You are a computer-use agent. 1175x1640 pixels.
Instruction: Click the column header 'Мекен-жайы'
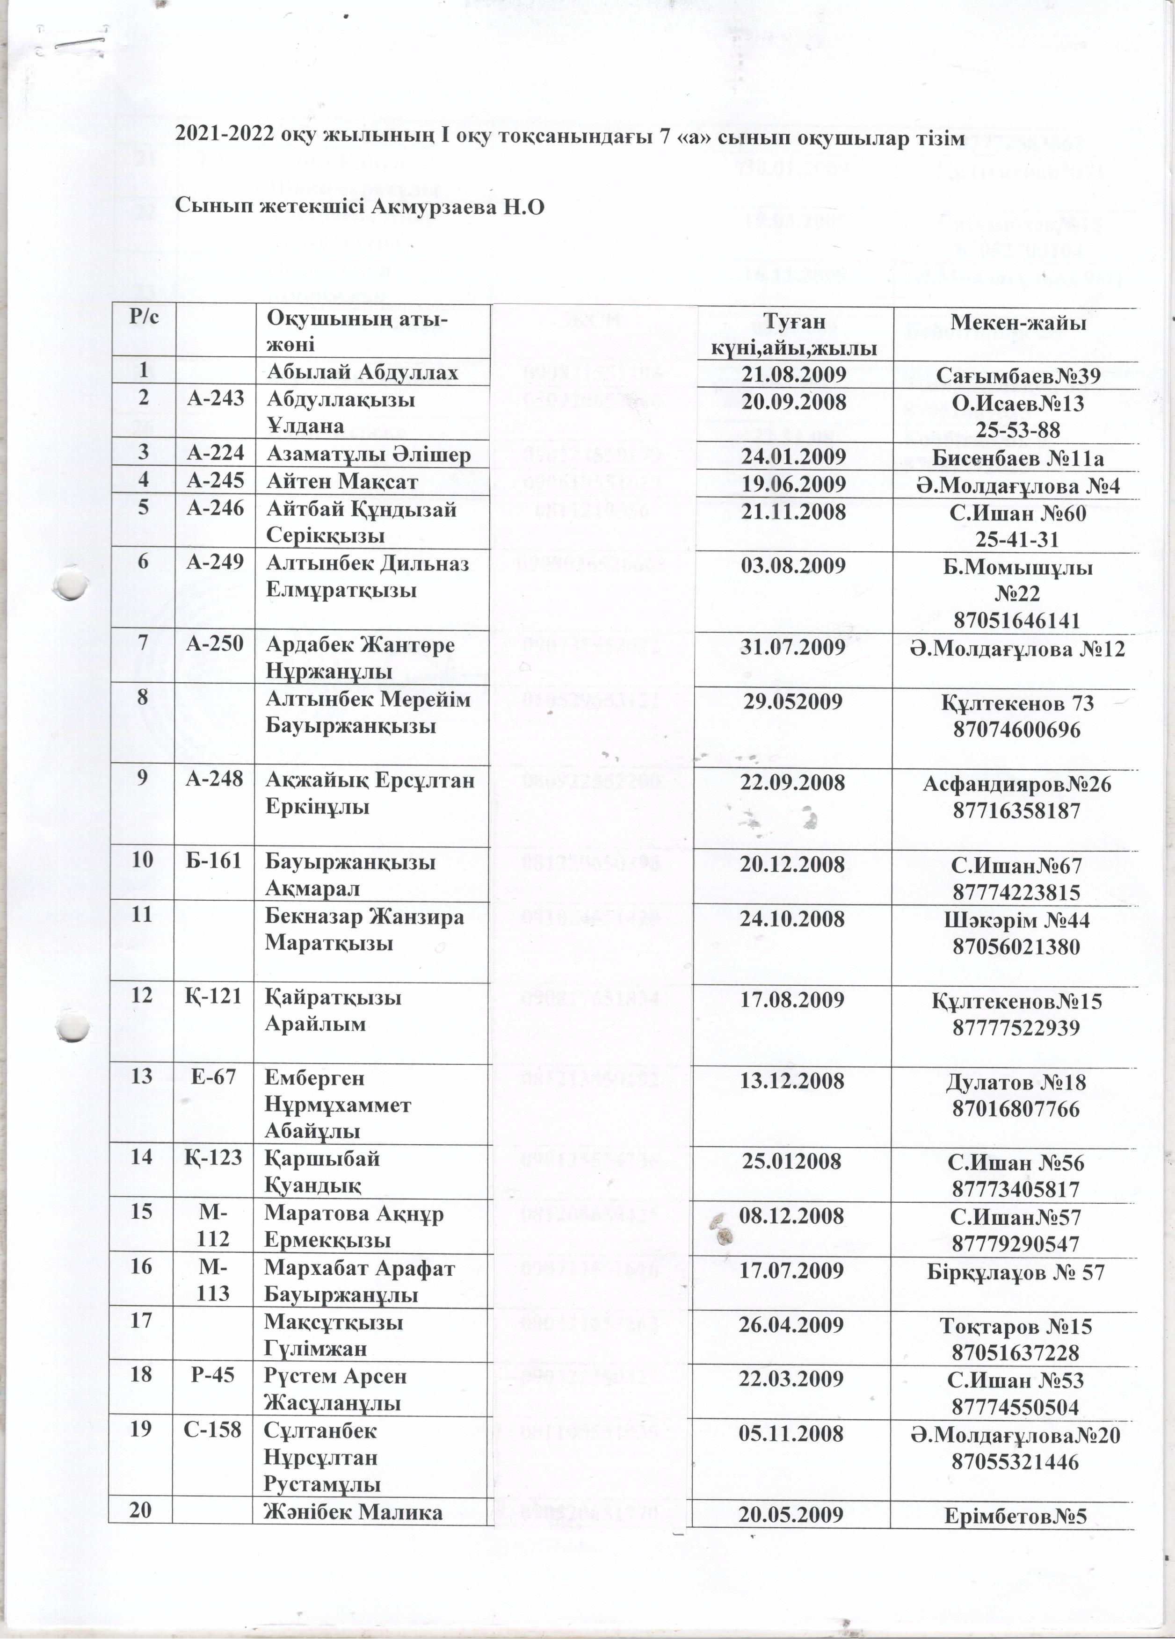pos(1017,323)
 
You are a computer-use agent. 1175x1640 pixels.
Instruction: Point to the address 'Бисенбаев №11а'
pos(1017,458)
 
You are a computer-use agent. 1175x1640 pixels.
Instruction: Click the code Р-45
pos(214,1375)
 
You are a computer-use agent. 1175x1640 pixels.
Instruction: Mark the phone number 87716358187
pos(1017,810)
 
